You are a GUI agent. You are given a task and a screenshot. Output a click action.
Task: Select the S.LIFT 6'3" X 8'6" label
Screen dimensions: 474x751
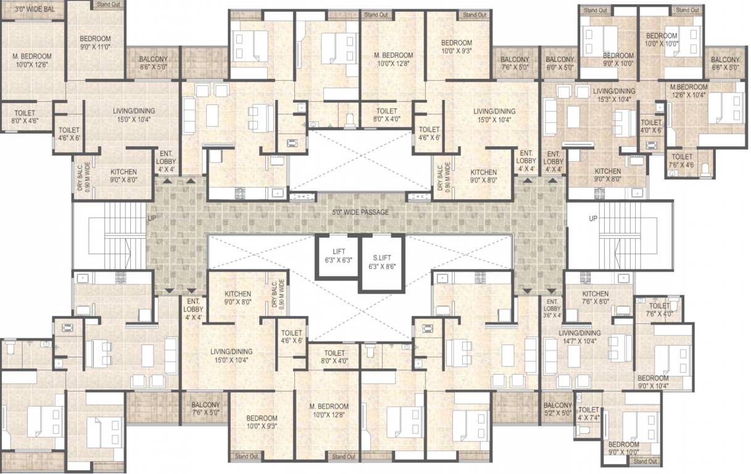point(382,262)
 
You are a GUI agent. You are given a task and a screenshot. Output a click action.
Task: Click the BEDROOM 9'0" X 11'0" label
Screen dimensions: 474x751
point(95,41)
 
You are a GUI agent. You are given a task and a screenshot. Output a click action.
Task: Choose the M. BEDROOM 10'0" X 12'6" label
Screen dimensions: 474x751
point(31,60)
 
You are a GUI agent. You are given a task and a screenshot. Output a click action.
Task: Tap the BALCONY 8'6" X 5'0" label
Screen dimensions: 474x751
point(154,63)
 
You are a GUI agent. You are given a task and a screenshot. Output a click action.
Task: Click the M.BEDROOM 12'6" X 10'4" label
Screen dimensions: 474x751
point(689,91)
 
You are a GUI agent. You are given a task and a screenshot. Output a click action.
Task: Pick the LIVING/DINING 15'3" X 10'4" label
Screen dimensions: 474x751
point(614,95)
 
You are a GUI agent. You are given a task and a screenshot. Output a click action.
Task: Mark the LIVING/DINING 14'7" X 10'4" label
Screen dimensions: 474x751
point(597,337)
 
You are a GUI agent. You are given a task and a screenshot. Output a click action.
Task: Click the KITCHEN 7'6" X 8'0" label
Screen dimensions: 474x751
point(595,298)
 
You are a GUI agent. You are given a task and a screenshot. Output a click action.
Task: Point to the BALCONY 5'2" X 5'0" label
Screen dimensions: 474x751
point(558,409)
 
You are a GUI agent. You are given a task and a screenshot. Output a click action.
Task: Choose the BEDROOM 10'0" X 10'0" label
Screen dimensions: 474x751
point(662,40)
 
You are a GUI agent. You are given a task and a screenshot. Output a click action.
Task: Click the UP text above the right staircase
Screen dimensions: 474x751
point(593,219)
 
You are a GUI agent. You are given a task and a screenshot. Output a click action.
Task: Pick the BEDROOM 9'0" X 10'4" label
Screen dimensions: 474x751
point(653,382)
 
